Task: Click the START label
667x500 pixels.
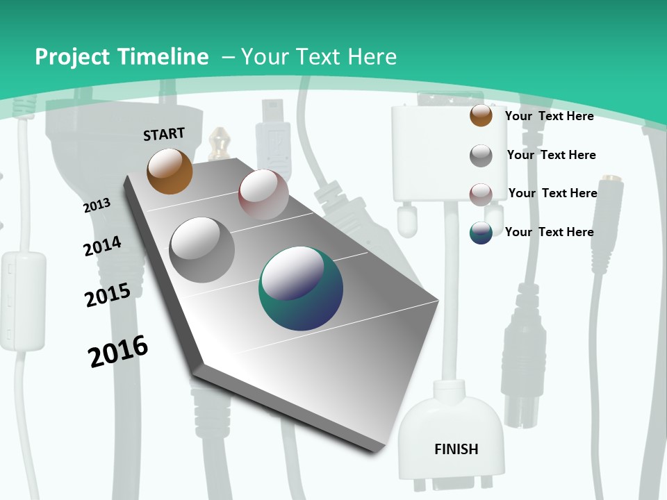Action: coord(164,134)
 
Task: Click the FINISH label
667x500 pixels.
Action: coord(456,449)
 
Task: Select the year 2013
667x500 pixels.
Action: coord(97,205)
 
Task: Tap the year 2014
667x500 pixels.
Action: coord(102,246)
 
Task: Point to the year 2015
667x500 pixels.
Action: coord(108,294)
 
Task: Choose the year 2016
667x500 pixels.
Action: coord(118,351)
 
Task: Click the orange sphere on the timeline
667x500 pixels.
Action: coord(170,171)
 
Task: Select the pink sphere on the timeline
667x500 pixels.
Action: coord(263,194)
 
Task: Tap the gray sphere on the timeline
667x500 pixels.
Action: coord(202,249)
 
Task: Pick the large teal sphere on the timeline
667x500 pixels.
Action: coord(301,288)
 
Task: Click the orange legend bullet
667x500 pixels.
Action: coord(481,115)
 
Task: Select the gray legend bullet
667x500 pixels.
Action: coord(481,156)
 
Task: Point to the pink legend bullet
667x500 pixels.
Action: coord(481,194)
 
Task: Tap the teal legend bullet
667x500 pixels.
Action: coord(481,233)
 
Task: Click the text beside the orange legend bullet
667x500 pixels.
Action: coord(549,116)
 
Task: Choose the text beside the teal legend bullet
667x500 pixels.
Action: coord(549,232)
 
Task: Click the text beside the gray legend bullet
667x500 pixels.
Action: coord(551,155)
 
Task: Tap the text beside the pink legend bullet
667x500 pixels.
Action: coord(552,193)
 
